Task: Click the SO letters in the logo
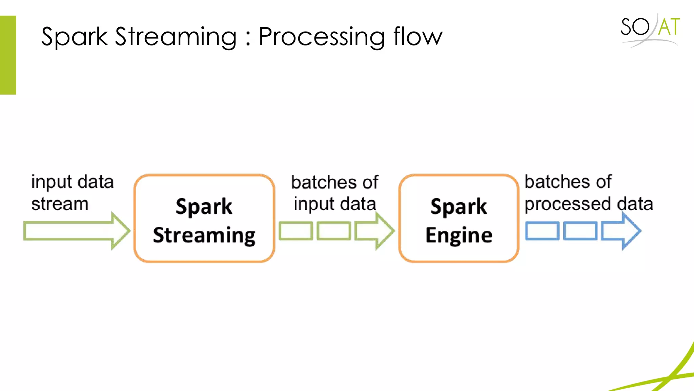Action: [x=635, y=27]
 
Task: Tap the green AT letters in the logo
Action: [x=669, y=27]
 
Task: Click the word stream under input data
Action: [x=60, y=204]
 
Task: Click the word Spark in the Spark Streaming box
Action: [x=204, y=206]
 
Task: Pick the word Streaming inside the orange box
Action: [x=204, y=235]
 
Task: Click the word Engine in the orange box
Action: [x=459, y=235]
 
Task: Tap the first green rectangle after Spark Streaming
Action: [x=295, y=231]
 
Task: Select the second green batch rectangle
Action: [x=334, y=231]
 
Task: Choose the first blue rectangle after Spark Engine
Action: [x=542, y=231]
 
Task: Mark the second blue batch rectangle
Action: [x=580, y=231]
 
